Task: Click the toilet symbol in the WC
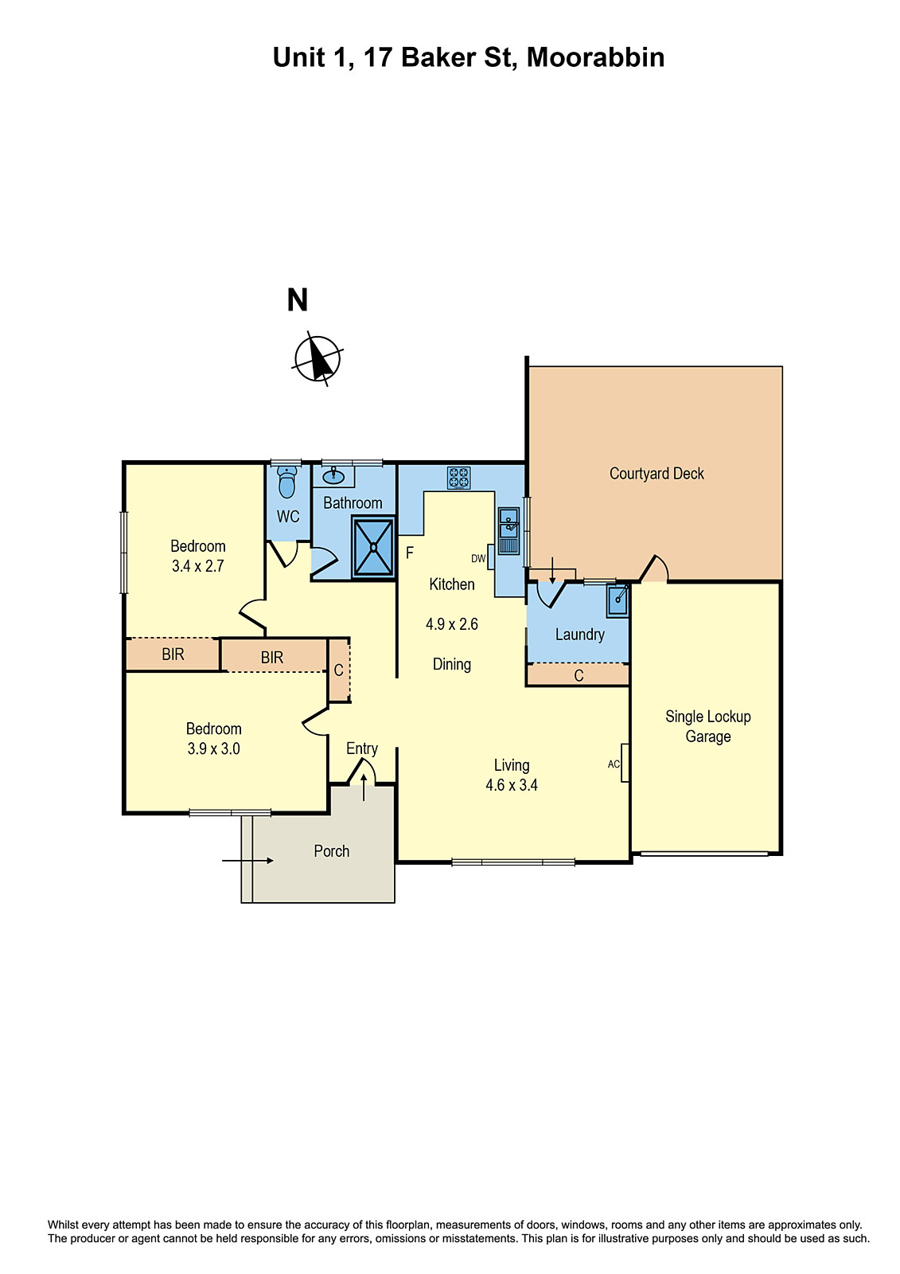coord(286,483)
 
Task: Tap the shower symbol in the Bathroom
coord(372,547)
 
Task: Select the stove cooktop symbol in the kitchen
coord(458,478)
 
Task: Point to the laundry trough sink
coord(618,601)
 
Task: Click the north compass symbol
coord(318,358)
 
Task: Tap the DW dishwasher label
coord(478,559)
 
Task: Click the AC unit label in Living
coord(614,764)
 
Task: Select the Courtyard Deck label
coord(656,474)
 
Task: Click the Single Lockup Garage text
coord(707,726)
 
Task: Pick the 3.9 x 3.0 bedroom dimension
coord(213,748)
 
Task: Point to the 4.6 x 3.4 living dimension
coord(512,785)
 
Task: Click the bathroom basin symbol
coord(333,478)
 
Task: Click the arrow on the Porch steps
coord(247,861)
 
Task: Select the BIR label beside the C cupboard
coord(272,658)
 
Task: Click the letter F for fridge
coord(410,553)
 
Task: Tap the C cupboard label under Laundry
coord(579,675)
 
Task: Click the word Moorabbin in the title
coord(595,57)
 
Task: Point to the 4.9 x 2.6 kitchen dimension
coord(452,624)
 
